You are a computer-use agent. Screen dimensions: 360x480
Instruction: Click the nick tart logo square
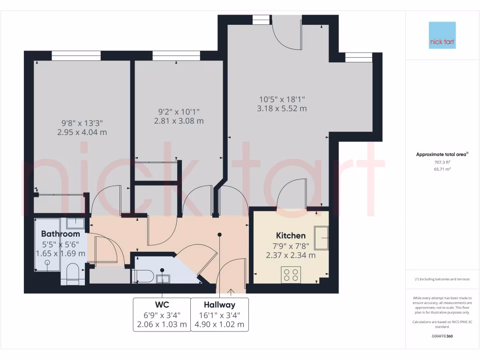coord(442,35)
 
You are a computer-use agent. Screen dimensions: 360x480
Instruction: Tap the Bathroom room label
coord(60,233)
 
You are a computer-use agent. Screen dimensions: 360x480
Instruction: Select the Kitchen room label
coord(291,235)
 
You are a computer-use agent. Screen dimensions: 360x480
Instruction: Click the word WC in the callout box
coord(162,305)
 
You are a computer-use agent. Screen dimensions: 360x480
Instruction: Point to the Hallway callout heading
coord(219,305)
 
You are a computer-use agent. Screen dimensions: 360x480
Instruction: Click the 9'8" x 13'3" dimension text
coord(82,123)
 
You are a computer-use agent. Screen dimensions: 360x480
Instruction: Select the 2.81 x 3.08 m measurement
coord(179,121)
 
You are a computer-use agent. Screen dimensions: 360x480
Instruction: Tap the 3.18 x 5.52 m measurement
coord(282,108)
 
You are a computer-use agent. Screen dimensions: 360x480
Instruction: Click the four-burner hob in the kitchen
coord(291,274)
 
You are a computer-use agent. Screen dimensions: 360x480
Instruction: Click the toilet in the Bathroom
coord(73,274)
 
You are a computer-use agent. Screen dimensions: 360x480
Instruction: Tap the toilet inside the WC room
coord(142,276)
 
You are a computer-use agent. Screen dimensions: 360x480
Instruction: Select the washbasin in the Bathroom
coord(75,223)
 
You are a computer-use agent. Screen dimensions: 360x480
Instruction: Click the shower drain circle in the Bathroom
coord(47,263)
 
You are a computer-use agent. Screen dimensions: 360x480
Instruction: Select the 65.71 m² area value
coord(442,169)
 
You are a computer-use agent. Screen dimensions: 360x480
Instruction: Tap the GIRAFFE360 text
coord(442,336)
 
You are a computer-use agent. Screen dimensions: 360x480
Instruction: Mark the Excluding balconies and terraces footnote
coord(442,279)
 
